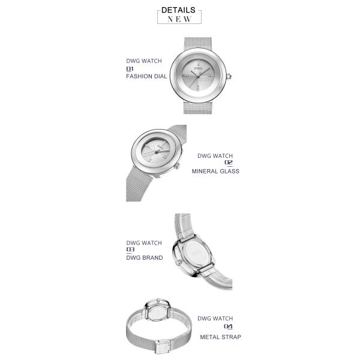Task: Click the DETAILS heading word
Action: coord(178,10)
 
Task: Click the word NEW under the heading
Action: coord(179,19)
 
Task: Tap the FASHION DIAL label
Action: coord(146,76)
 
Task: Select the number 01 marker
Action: coord(130,68)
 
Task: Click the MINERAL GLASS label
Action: coord(215,171)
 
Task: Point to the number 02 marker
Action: coord(229,163)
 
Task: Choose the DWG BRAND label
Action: coord(145,257)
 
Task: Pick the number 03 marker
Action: coord(130,250)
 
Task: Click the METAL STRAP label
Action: coord(220,337)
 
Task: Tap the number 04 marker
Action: coord(228,326)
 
